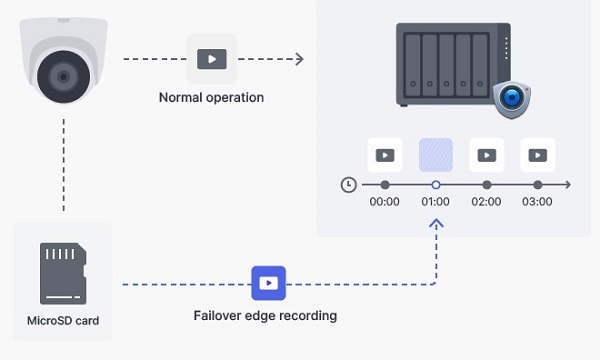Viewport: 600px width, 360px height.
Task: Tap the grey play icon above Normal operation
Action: tap(211, 59)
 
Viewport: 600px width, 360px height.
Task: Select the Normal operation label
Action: tap(211, 98)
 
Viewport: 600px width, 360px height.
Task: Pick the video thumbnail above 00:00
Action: tap(384, 155)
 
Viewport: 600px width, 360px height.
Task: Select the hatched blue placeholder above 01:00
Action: tap(436, 155)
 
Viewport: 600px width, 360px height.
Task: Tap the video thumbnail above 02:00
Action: tap(486, 155)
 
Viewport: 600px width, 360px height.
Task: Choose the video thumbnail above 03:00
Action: tap(538, 155)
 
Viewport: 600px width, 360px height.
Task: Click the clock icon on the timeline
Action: tap(348, 185)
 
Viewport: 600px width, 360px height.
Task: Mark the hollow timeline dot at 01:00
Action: tap(436, 185)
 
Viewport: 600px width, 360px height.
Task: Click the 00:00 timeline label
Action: tap(384, 202)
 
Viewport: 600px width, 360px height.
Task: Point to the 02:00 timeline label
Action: tap(486, 202)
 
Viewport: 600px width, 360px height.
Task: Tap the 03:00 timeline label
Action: tap(538, 202)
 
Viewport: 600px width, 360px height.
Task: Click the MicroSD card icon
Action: tap(63, 271)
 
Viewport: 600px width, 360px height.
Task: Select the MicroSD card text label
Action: tap(63, 321)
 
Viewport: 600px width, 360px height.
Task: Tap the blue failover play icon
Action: tap(268, 284)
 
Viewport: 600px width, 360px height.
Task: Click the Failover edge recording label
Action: tap(265, 316)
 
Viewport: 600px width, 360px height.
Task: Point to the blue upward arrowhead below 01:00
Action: tap(436, 226)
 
